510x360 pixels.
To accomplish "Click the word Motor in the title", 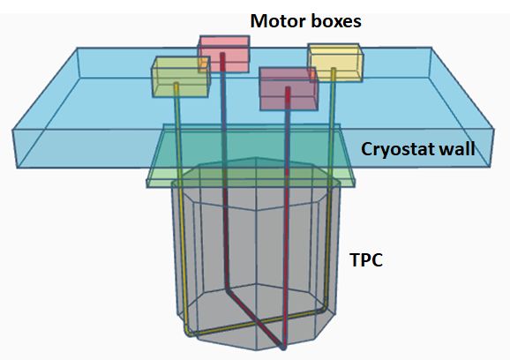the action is [279, 21].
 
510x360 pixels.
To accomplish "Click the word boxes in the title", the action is [336, 21].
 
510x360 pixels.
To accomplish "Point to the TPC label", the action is [366, 259].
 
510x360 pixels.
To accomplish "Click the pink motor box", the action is [224, 54].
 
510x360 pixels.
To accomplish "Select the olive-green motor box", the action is [181, 77].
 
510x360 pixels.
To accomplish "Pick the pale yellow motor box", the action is [335, 63].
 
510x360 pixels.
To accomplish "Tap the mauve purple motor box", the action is [289, 88].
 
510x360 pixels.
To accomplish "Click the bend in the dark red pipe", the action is [229, 290].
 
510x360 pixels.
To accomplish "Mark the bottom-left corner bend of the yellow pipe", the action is [188, 333].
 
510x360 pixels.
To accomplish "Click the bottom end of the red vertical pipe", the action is [283, 347].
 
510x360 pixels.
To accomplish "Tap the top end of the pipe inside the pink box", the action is [222, 55].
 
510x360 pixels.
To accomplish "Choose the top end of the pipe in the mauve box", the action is [288, 89].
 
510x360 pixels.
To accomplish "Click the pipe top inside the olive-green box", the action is [176, 85].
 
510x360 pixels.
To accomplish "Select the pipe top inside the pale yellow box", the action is [334, 70].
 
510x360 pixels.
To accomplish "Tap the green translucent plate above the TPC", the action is [251, 156].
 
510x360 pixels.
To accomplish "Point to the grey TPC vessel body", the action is [256, 253].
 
